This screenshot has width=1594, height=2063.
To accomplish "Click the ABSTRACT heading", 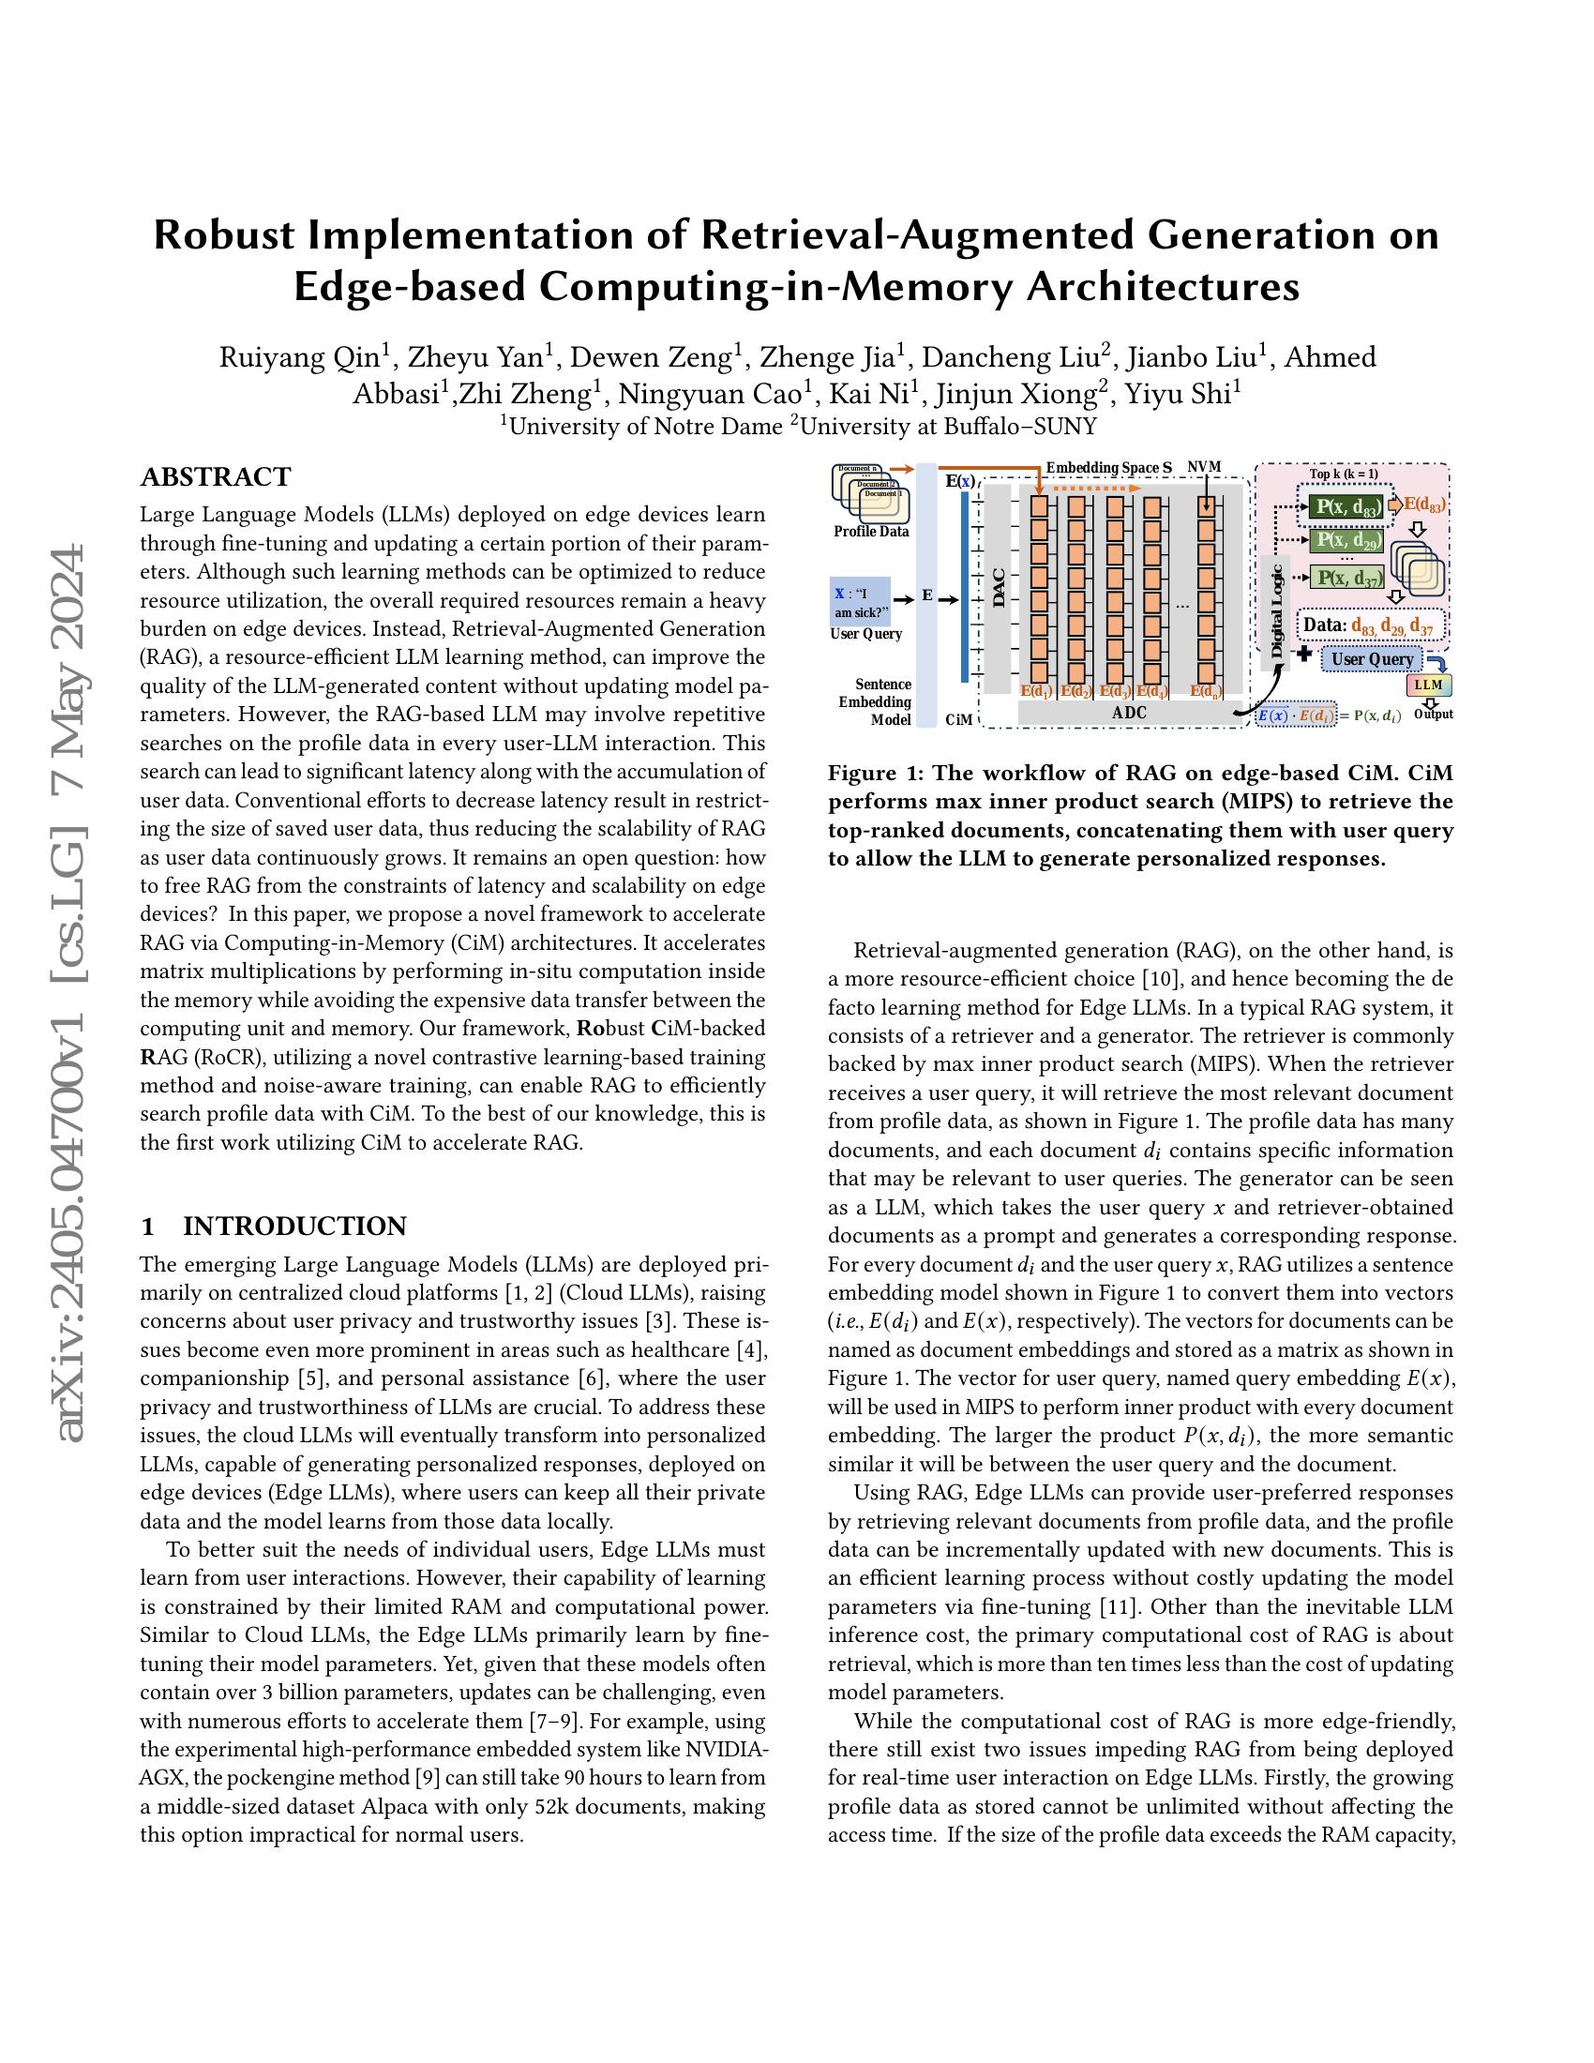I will pyautogui.click(x=216, y=477).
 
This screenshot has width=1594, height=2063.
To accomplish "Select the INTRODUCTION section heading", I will pyautogui.click(x=294, y=1227).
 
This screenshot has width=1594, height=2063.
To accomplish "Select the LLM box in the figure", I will pyautogui.click(x=1428, y=684).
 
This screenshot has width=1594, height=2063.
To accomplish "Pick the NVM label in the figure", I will pyautogui.click(x=1204, y=468).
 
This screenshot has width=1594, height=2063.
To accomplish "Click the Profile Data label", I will pyautogui.click(x=871, y=532).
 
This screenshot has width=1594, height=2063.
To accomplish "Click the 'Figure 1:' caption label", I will pyautogui.click(x=875, y=773).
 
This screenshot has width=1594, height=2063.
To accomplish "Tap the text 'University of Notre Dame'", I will pyautogui.click(x=645, y=427).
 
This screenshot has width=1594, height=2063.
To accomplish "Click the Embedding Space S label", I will pyautogui.click(x=1108, y=468).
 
